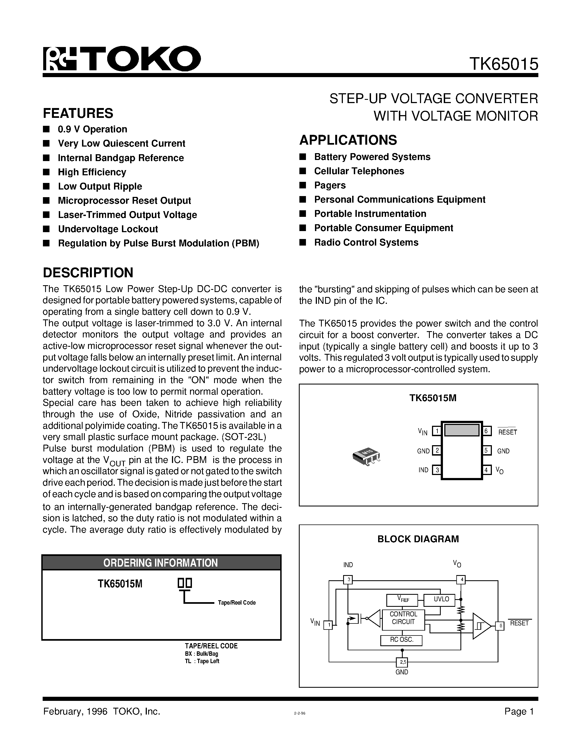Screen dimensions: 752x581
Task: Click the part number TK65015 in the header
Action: pyautogui.click(x=504, y=64)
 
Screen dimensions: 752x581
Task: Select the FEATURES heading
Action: pyautogui.click(x=78, y=113)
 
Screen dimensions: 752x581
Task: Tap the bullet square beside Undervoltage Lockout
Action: pyautogui.click(x=46, y=229)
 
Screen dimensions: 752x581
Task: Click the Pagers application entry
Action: pyautogui.click(x=330, y=185)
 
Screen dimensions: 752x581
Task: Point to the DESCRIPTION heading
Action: pyautogui.click(x=88, y=272)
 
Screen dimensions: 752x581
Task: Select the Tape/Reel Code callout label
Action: pyautogui.click(x=237, y=603)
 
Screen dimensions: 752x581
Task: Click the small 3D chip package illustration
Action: pyautogui.click(x=367, y=457)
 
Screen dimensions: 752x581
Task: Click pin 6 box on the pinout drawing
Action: pyautogui.click(x=486, y=431)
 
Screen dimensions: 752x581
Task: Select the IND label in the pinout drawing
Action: pyautogui.click(x=423, y=470)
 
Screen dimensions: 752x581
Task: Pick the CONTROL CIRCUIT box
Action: pyautogui.click(x=403, y=618)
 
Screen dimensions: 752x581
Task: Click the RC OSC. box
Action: pyautogui.click(x=401, y=640)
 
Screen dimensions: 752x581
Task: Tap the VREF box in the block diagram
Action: pyautogui.click(x=402, y=599)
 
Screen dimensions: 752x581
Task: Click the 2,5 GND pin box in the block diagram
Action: pyautogui.click(x=402, y=662)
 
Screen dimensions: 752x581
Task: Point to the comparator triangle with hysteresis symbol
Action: pyautogui.click(x=481, y=626)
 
